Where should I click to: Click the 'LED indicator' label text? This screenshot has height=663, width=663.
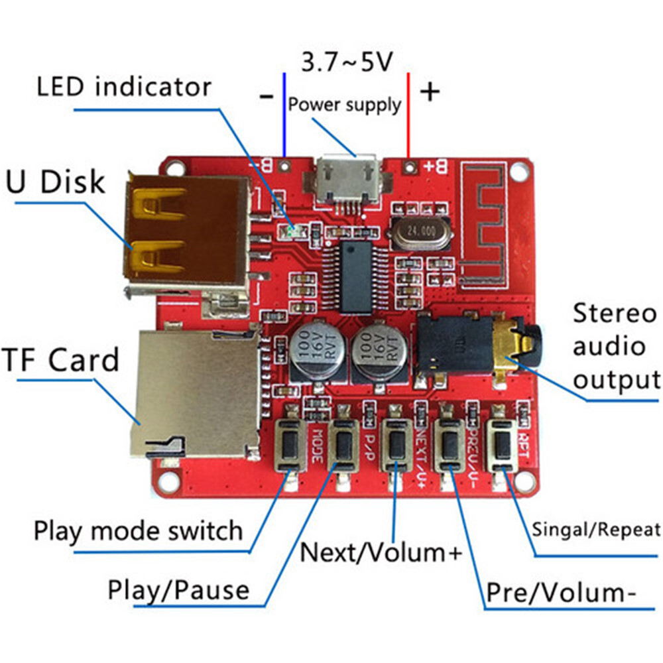coord(124,87)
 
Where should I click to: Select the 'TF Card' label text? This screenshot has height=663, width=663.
coord(61,360)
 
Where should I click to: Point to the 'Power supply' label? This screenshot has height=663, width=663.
coord(345,104)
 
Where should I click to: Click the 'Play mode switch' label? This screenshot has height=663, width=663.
coord(139,530)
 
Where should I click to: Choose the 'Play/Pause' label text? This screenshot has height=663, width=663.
coord(179,589)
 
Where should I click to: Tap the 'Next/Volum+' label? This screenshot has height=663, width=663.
coord(380,552)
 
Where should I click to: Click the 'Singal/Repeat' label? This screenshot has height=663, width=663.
coord(596,529)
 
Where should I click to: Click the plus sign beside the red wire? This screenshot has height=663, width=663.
coord(430,91)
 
